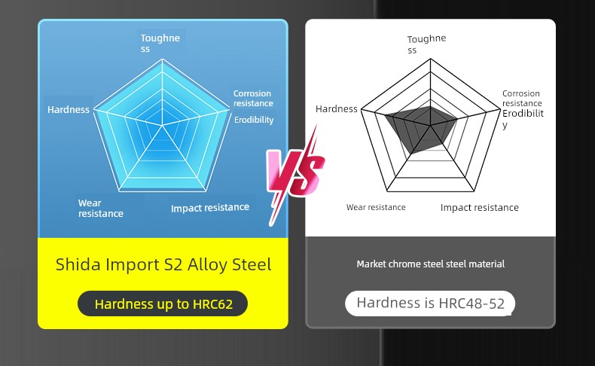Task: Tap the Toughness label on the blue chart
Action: (160, 43)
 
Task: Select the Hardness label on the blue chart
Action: (69, 110)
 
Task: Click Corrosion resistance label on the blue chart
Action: (253, 98)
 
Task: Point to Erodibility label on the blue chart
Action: (254, 120)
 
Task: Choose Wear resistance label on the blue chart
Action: (101, 208)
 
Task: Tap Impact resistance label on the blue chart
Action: (210, 208)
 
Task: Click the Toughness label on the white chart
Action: (426, 44)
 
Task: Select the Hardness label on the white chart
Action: (336, 109)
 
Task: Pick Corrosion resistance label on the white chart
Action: (522, 98)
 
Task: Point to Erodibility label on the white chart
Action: (523, 119)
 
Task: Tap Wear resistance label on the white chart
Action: (376, 207)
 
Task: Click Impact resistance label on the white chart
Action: (479, 207)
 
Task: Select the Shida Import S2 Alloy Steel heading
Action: (163, 264)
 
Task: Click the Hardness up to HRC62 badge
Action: (163, 303)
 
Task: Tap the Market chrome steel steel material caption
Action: (430, 264)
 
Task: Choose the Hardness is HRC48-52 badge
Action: (430, 303)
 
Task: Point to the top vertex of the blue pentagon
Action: (162, 59)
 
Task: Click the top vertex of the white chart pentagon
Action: (430, 59)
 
